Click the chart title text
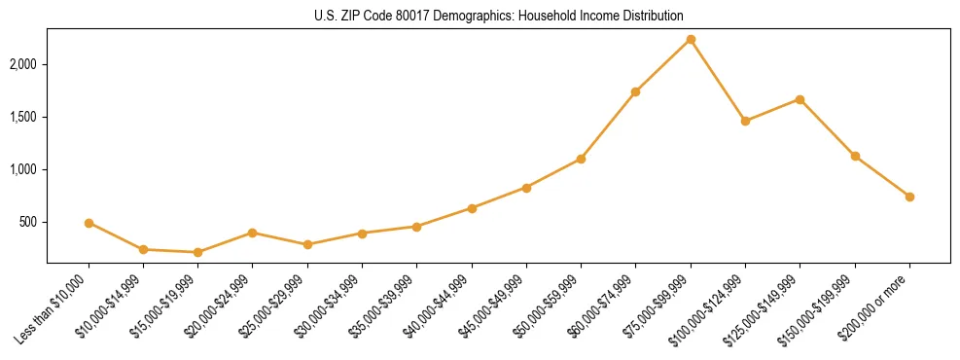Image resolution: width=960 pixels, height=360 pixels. pos(498,17)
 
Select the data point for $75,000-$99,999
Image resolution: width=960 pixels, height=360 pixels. pos(691,39)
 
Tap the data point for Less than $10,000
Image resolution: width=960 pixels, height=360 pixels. pos(89,223)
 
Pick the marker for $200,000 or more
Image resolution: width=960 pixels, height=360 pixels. pos(909,197)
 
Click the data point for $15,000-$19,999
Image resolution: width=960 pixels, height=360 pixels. pos(198,252)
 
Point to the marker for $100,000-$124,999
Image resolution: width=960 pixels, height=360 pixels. pos(745,121)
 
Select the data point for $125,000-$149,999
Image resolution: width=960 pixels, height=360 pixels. pos(800,99)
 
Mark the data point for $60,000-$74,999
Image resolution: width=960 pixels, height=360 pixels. pos(635,91)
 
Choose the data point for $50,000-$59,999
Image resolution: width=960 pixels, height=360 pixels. pos(581,159)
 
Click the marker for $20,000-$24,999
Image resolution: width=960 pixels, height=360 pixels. pos(253,233)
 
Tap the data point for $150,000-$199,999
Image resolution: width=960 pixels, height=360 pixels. pos(855,156)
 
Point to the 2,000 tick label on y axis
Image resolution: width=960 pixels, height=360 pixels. pos(23,64)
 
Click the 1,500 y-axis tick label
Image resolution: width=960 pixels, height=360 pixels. pos(23,117)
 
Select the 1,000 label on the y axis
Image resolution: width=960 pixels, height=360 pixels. pos(23,169)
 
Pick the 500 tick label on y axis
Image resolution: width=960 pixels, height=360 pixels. pos(28,222)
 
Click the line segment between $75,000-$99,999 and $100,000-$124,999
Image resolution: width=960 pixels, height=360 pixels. pos(718,80)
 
